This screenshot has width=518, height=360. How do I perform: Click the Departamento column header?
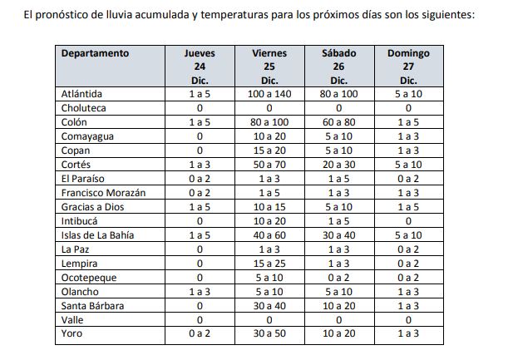tap(95, 53)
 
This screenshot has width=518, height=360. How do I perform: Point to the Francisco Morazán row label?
tap(103, 192)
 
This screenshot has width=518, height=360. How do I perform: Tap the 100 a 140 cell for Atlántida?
tap(269, 94)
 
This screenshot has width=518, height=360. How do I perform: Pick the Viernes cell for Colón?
tap(269, 122)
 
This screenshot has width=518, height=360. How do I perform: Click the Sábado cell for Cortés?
tap(338, 165)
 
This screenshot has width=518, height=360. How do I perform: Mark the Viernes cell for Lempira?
tap(269, 263)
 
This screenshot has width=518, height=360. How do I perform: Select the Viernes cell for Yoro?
tap(269, 333)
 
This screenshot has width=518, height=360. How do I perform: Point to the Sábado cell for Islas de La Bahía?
tap(338, 234)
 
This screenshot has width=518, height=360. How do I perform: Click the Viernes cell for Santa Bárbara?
tap(269, 305)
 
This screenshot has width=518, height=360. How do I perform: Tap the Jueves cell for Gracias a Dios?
tap(200, 206)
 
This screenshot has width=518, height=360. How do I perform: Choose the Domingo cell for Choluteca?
tap(408, 108)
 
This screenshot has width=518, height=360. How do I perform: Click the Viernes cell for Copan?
tap(269, 150)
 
